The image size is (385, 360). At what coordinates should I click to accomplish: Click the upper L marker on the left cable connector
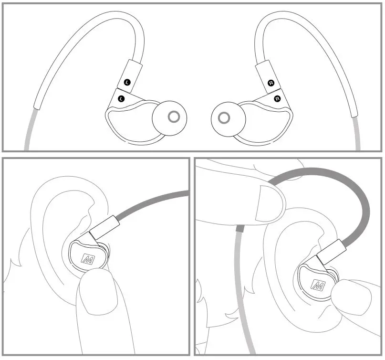click(x=127, y=82)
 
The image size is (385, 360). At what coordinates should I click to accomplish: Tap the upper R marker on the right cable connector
click(x=271, y=83)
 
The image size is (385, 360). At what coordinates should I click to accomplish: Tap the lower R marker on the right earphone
click(x=277, y=98)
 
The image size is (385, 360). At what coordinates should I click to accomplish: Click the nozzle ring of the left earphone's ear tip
click(x=174, y=116)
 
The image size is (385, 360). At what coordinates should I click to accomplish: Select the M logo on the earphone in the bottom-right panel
click(x=317, y=285)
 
